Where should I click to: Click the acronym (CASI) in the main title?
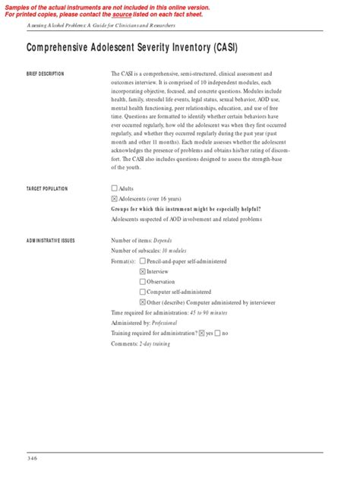(x=216, y=49)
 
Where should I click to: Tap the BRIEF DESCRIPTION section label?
(x=46, y=74)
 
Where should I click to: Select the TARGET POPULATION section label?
(x=47, y=188)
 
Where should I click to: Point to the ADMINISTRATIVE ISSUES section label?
(x=51, y=240)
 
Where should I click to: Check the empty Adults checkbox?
(x=114, y=188)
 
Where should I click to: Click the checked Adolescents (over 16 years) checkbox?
(x=114, y=198)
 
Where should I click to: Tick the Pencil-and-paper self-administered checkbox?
(x=143, y=261)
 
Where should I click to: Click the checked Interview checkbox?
(x=143, y=271)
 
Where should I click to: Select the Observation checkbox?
(x=143, y=282)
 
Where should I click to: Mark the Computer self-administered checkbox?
(x=143, y=292)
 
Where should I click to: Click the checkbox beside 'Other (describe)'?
(x=143, y=302)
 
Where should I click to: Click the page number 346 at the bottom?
(x=32, y=458)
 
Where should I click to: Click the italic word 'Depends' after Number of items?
(x=168, y=240)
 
